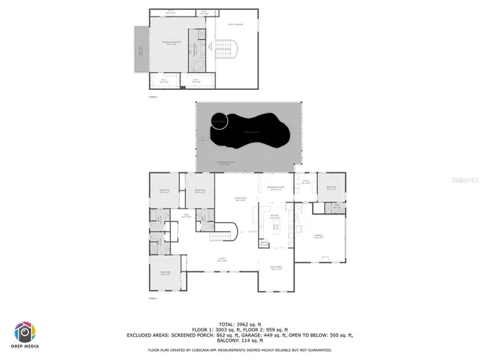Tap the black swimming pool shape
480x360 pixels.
(x=251, y=133)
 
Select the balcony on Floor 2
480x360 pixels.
(x=140, y=52)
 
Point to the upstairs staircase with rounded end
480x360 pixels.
(x=227, y=49)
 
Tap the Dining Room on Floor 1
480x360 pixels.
(x=276, y=268)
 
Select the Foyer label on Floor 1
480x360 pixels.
(x=223, y=259)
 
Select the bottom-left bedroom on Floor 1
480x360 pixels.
(x=165, y=273)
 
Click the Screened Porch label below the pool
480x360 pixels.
(x=224, y=163)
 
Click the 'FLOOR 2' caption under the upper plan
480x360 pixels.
(x=153, y=97)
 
